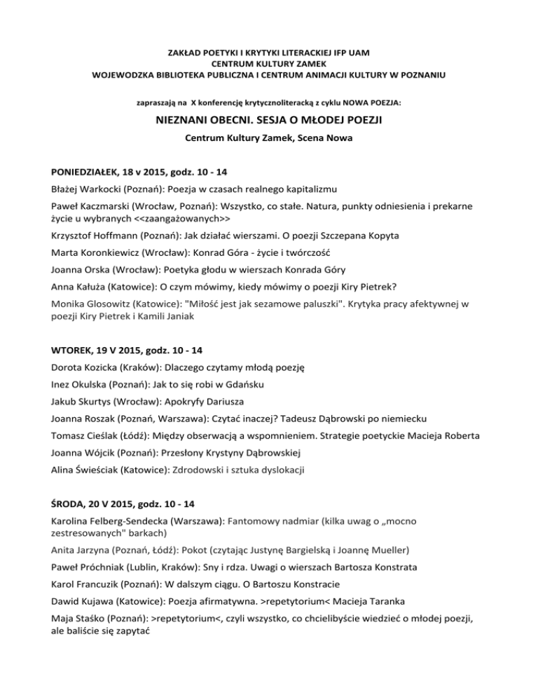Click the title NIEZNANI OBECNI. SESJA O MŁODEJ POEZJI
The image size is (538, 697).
pos(268,121)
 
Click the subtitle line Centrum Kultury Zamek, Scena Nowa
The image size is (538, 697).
pos(268,140)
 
